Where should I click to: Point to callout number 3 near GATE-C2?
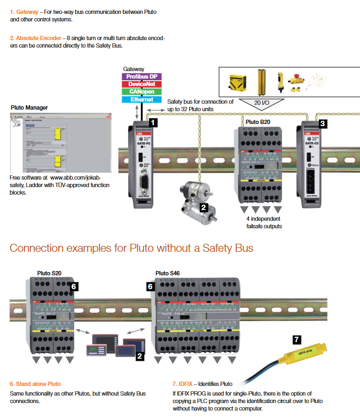coord(323,123)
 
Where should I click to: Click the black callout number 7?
coord(298,339)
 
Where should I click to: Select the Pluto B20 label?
coord(259,122)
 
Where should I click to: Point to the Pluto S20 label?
coord(50,273)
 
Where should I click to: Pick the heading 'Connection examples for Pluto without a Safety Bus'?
coord(131,248)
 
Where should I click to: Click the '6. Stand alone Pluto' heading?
coord(35,384)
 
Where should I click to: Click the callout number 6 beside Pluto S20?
coord(74,287)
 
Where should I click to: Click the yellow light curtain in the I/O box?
coord(263,83)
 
